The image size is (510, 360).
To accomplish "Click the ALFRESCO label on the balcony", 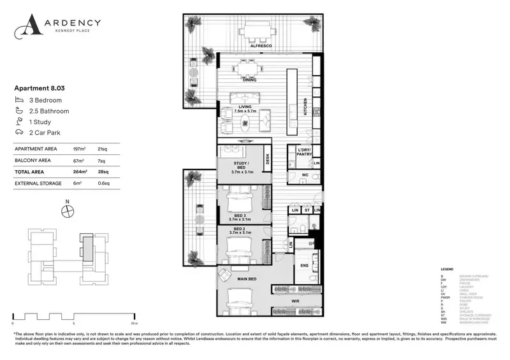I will coord(261,47).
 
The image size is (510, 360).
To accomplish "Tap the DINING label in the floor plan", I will coord(249,81).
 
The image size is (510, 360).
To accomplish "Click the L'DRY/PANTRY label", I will coord(303,153).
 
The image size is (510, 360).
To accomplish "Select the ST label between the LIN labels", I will coord(306,210).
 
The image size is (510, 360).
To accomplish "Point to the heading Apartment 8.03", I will coord(40,89).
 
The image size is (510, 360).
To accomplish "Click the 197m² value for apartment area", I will coord(81,148).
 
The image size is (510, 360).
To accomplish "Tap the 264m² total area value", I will coord(81,171).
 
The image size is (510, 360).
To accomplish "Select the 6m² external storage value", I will coord(79,184).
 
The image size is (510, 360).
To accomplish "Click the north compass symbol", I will coord(68,212).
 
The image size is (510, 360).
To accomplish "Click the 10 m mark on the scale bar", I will coord(134,322).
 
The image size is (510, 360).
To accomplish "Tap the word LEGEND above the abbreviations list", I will coord(447,270).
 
